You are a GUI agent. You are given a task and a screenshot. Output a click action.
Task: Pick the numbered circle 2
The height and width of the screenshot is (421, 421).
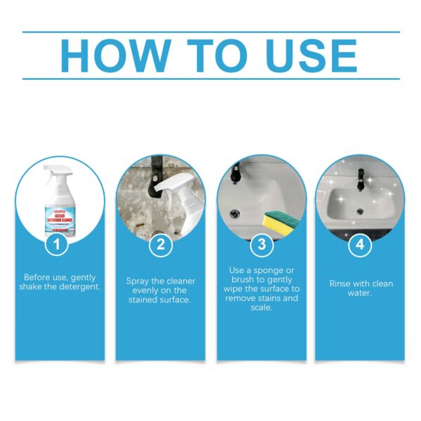(160, 245)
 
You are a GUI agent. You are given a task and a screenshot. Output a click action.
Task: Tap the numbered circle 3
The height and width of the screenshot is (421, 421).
(261, 245)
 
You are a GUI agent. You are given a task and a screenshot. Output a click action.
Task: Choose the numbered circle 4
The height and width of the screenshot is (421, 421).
(361, 245)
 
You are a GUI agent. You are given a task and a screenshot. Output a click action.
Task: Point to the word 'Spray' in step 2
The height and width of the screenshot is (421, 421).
(139, 281)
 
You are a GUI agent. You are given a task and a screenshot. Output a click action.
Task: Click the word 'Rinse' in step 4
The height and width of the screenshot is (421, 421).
(342, 283)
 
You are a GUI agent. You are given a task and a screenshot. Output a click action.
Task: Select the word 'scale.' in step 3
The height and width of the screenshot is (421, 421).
(260, 307)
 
